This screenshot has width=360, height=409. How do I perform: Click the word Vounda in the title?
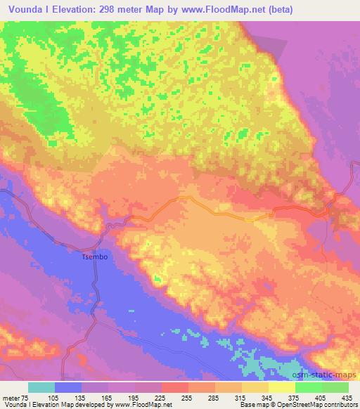tap(22, 9)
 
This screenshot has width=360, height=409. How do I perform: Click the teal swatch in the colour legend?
tap(41, 387)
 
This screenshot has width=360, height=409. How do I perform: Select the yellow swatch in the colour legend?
tap(281, 387)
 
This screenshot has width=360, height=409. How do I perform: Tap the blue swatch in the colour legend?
tap(68, 387)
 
